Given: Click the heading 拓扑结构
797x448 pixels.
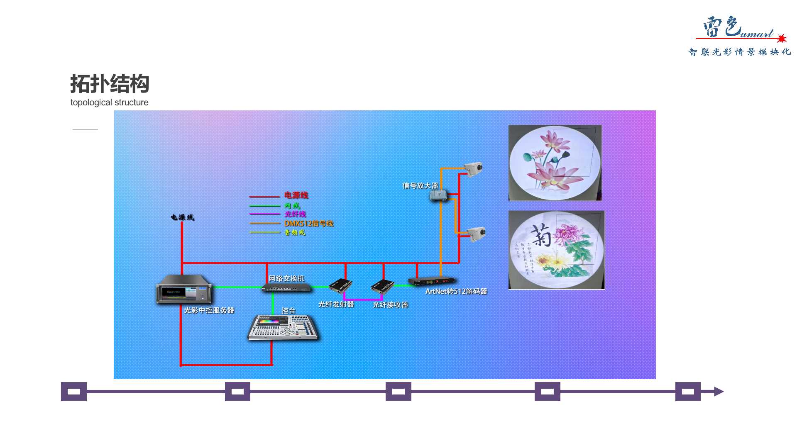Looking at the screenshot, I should pos(110,84).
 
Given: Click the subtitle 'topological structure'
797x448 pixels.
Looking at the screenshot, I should pos(109,102).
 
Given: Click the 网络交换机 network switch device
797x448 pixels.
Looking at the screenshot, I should pos(286,287).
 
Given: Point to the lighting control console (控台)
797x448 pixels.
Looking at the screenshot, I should pos(284,328).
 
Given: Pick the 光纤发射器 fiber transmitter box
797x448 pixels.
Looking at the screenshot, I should pos(340,286).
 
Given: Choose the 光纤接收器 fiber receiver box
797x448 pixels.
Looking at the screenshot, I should pos(382,286).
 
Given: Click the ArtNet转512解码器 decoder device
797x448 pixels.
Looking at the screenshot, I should pos(432,281).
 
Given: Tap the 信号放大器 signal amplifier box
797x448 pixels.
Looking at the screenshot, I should pos(438,195).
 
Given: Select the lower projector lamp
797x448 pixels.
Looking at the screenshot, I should pos(477,234).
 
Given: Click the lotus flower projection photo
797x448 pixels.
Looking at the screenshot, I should pos(555,163).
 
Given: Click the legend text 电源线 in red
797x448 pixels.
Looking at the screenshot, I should pos(296,195).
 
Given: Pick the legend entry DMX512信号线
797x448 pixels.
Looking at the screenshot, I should pos(309,224).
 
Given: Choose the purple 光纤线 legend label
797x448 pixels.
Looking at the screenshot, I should pos(295,214).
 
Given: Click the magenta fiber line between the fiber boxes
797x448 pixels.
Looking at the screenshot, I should pos(363,299).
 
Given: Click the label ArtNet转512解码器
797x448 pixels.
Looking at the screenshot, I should pos(456,292).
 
